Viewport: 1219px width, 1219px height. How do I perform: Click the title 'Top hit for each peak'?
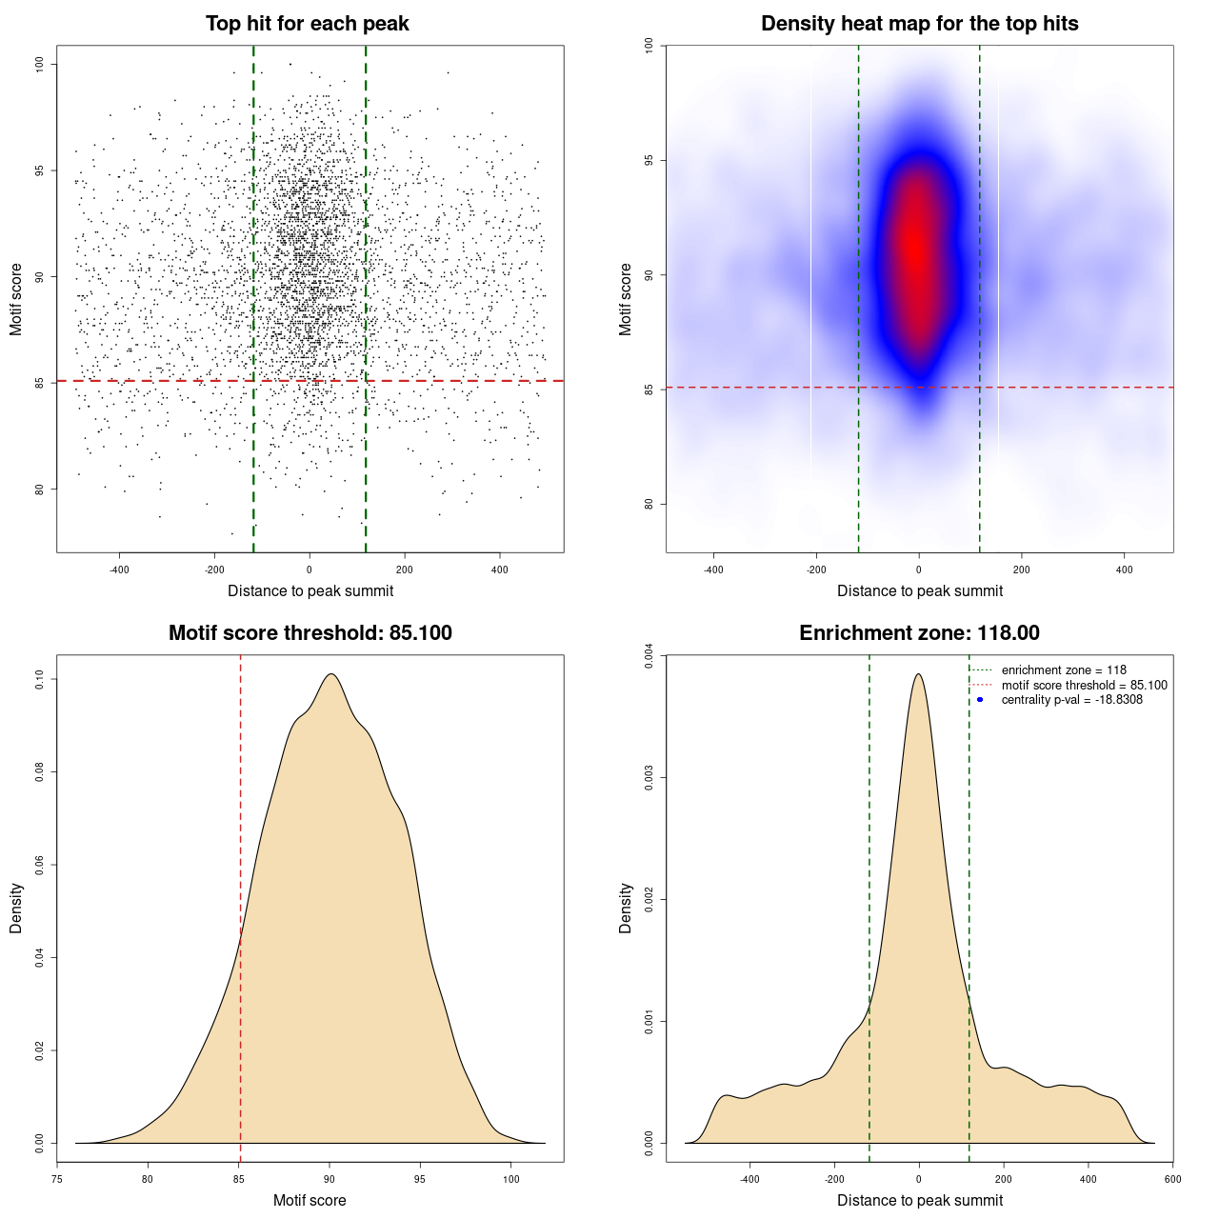(307, 24)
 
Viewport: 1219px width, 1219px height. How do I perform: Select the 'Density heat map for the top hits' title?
(919, 24)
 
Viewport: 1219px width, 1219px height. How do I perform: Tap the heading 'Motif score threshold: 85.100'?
(310, 633)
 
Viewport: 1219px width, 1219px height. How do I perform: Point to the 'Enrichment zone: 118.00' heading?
(919, 633)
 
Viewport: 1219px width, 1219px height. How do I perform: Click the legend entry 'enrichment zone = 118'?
(1063, 670)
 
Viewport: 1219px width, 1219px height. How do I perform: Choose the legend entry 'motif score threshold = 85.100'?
(1084, 686)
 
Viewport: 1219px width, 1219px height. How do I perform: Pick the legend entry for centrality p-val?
(1071, 700)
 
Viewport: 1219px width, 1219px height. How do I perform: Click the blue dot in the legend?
(980, 700)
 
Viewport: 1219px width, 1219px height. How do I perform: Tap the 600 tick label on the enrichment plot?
(1172, 1179)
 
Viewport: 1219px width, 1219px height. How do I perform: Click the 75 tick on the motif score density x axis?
(57, 1179)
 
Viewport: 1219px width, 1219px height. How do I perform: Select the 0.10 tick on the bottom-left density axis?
(39, 679)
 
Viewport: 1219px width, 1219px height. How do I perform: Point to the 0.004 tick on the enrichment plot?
(649, 656)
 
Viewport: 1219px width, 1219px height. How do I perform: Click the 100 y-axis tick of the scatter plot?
(39, 64)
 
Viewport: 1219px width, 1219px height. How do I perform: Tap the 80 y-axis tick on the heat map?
(649, 504)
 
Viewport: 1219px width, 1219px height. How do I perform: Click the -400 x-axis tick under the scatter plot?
(119, 570)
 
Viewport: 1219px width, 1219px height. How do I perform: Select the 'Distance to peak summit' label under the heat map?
(919, 591)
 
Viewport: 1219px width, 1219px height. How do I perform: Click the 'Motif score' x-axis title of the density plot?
(310, 1201)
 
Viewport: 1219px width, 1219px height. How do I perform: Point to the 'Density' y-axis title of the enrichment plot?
(626, 908)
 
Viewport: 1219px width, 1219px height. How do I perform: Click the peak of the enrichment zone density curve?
(918, 674)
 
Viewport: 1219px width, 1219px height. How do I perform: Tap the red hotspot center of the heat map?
(915, 250)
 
